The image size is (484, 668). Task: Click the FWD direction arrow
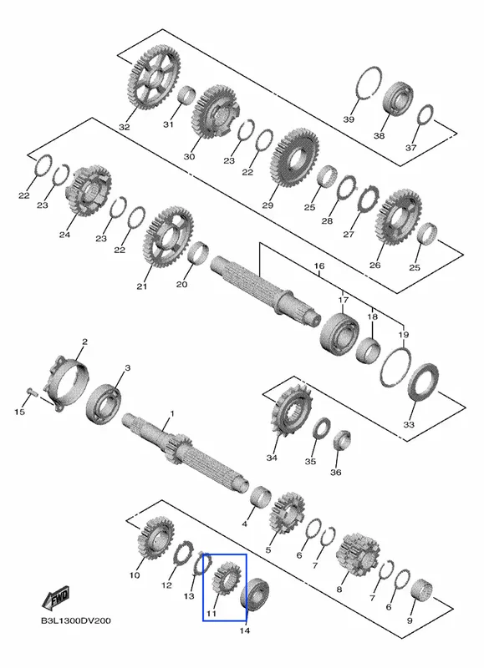point(56,599)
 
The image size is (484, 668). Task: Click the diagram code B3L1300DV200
point(75,620)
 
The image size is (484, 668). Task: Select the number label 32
point(124,127)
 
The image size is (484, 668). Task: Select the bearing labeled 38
point(398,98)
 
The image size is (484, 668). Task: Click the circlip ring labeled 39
point(369,83)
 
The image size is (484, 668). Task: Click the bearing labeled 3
point(103,404)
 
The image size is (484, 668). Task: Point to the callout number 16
point(319,266)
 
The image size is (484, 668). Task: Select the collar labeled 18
point(368,351)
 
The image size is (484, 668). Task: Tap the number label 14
point(245,631)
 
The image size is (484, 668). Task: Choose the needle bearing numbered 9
point(421,591)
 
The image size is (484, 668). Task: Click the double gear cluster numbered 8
point(359,554)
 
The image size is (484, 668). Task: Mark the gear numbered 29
point(295,158)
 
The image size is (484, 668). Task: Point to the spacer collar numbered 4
point(261,497)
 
